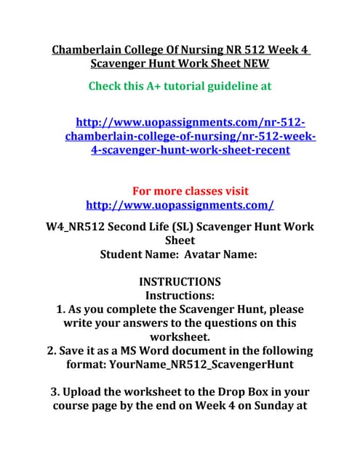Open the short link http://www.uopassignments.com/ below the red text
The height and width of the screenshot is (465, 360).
[x=180, y=205]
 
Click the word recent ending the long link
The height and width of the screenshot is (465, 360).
[x=268, y=150]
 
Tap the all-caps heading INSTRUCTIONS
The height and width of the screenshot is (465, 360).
[x=180, y=282]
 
